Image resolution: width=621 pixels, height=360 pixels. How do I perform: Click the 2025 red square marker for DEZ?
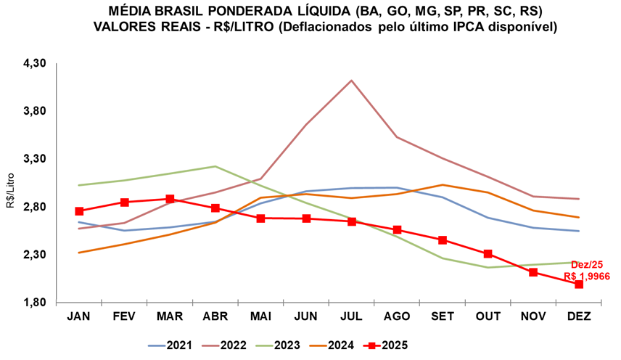click(579, 284)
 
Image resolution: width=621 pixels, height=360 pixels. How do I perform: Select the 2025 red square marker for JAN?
click(79, 211)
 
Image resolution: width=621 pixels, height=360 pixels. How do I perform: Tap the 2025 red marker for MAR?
click(170, 199)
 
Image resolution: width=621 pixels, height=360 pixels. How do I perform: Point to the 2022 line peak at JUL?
click(351, 81)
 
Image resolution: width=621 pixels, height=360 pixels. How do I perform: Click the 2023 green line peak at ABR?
click(215, 166)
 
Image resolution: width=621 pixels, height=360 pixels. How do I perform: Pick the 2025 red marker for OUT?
click(488, 254)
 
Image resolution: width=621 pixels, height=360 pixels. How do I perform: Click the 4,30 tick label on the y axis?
click(35, 63)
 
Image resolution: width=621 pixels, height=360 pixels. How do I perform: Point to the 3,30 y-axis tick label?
click(35, 159)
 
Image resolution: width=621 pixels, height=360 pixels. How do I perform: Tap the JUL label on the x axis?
click(351, 316)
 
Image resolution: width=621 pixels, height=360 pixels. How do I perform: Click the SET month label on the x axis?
click(443, 316)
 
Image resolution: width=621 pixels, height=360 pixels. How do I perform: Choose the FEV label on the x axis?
click(124, 316)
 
